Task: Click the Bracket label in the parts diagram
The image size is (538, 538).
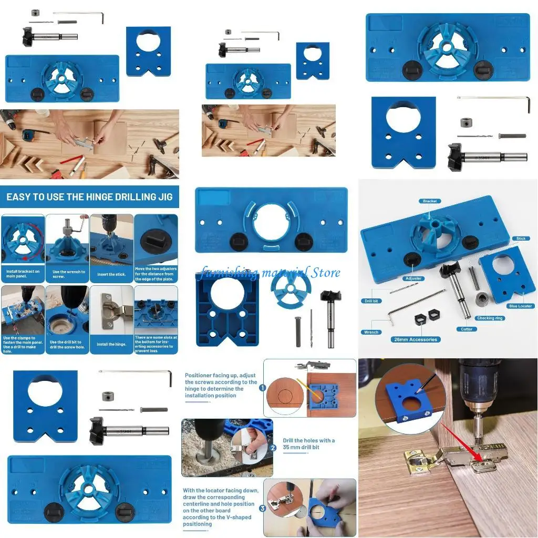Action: click(x=430, y=201)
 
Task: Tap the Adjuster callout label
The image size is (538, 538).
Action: click(x=413, y=278)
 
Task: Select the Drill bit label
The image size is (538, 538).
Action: click(x=371, y=301)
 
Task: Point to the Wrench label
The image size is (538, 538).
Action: click(x=371, y=332)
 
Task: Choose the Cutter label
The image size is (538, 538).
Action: click(x=467, y=329)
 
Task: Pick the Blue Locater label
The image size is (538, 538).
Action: click(x=520, y=306)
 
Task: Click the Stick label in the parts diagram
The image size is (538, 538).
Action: click(x=521, y=239)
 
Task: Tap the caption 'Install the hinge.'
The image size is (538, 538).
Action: click(x=111, y=344)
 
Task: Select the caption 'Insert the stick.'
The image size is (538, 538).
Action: click(x=111, y=274)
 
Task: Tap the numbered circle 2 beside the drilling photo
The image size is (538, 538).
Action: click(x=273, y=448)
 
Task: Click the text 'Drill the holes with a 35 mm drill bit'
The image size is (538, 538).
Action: click(x=308, y=443)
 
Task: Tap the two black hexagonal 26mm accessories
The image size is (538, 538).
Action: click(x=427, y=317)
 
